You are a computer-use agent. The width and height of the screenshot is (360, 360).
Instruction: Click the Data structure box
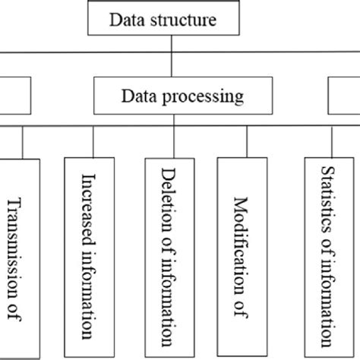coord(172,18)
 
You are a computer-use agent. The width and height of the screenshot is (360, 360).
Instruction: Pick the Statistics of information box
coord(329,258)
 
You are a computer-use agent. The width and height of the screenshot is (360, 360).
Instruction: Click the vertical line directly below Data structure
coord(172,44)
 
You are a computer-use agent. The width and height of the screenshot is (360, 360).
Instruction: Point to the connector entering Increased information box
coord(93,142)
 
